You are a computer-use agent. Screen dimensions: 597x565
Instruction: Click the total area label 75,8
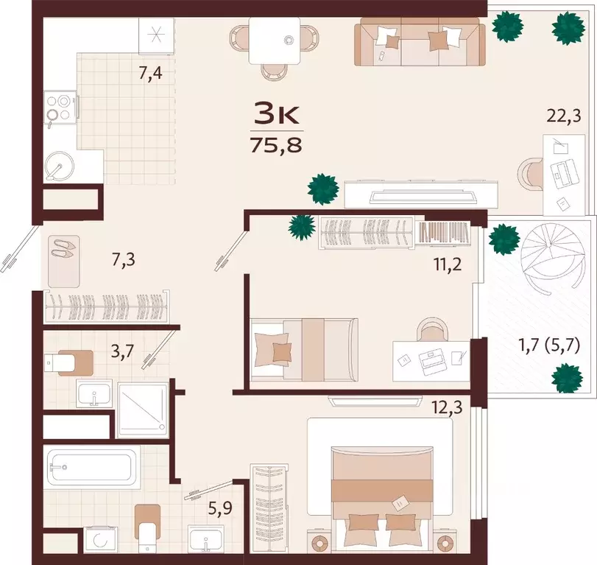click(x=276, y=145)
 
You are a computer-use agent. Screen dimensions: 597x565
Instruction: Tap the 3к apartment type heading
click(x=277, y=114)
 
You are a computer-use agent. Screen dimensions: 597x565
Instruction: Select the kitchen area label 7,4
click(x=150, y=73)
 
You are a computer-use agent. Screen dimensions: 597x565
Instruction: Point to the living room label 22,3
click(x=564, y=116)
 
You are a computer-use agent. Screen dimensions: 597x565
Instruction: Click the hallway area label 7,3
click(x=124, y=261)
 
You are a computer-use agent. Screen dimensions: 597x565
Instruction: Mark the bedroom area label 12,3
click(x=447, y=407)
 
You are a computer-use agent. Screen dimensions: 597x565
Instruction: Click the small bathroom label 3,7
click(x=122, y=351)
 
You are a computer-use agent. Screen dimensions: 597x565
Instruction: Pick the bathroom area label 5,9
click(x=219, y=508)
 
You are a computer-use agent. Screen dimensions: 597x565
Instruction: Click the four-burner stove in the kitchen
click(x=60, y=108)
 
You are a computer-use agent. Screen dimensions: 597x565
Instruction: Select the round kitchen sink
click(x=59, y=166)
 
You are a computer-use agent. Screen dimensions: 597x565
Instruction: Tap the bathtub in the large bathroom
click(x=91, y=466)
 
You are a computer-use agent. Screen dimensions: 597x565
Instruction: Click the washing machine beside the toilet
click(x=97, y=539)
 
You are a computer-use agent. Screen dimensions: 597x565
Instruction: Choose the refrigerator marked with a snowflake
click(x=156, y=36)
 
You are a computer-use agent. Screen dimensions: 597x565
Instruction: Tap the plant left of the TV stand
click(x=323, y=189)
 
